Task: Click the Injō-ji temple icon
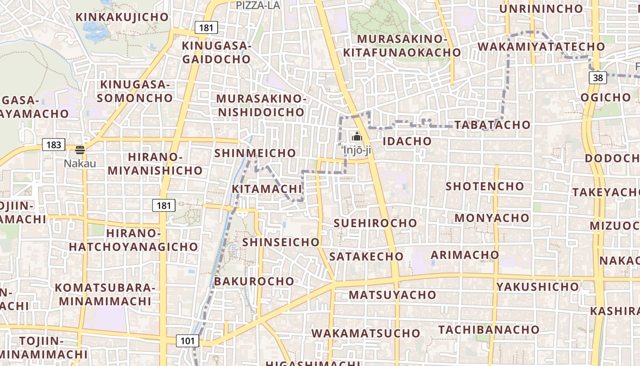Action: click(x=357, y=136)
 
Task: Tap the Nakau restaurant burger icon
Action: click(x=80, y=150)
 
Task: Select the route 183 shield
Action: click(x=53, y=145)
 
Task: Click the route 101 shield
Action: click(x=187, y=340)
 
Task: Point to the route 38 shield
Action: click(x=598, y=78)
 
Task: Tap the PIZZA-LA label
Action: click(x=258, y=5)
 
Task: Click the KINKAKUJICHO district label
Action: click(x=122, y=17)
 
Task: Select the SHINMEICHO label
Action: click(x=255, y=153)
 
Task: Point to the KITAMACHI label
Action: click(x=267, y=189)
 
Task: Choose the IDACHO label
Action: click(x=407, y=141)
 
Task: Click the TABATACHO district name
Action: click(x=492, y=125)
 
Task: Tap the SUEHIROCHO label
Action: click(x=375, y=223)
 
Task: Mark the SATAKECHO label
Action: click(x=366, y=256)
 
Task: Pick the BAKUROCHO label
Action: click(x=254, y=281)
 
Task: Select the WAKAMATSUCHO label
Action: click(x=366, y=333)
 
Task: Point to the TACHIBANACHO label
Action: click(x=489, y=329)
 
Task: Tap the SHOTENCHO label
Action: click(x=485, y=186)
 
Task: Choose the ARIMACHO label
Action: click(x=465, y=254)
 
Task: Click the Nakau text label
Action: click(x=80, y=163)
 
